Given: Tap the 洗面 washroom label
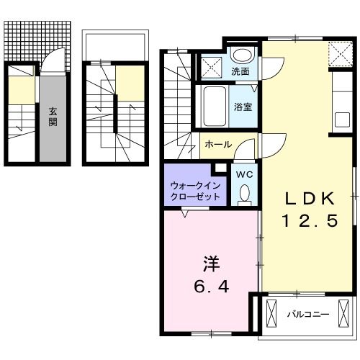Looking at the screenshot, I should pyautogui.click(x=240, y=71).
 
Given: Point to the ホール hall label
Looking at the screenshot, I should pyautogui.click(x=218, y=144).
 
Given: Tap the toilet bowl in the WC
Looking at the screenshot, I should pyautogui.click(x=243, y=192).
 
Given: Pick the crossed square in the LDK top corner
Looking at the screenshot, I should pyautogui.click(x=339, y=53).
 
